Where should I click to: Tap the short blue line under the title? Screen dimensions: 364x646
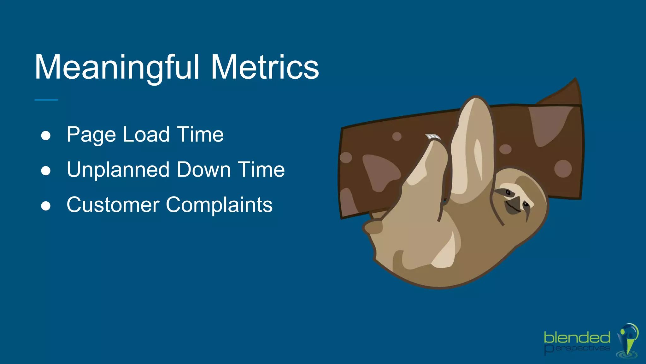coord(46,100)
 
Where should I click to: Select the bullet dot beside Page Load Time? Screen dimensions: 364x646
coord(46,136)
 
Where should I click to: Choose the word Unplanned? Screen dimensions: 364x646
coord(118,170)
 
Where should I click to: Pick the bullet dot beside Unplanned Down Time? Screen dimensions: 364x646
coord(46,171)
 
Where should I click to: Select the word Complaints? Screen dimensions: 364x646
coord(219,205)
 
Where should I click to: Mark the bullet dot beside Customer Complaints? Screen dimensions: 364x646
coord(46,206)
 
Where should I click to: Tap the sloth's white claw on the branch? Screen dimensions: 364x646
coord(433,137)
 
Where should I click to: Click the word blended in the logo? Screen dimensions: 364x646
coord(577,338)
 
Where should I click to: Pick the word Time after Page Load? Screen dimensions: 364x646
coord(200,134)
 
